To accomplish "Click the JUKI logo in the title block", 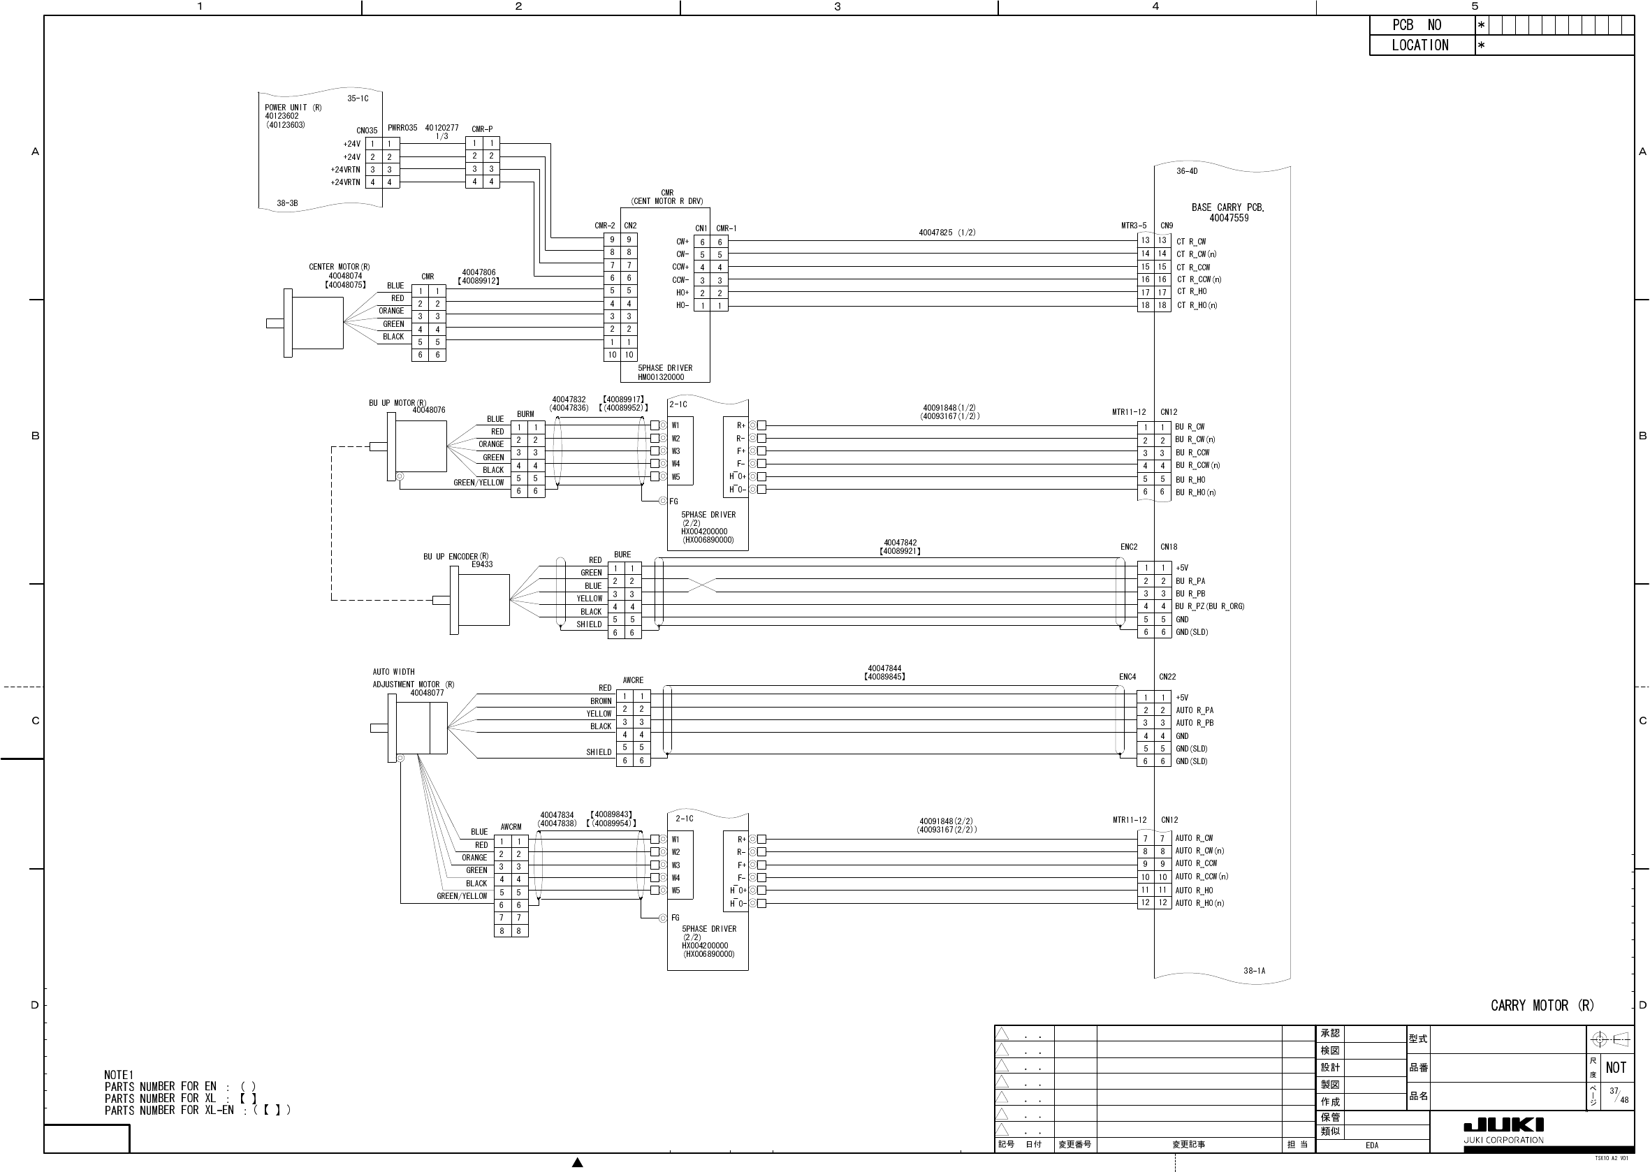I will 1503,1125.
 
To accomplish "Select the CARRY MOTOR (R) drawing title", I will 1542,1005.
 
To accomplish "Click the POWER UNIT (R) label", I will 293,108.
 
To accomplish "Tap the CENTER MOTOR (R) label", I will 340,267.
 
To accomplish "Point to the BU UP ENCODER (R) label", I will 455,557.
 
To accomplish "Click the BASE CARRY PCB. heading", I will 1228,207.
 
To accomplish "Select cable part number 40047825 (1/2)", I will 947,233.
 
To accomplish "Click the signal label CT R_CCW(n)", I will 1199,279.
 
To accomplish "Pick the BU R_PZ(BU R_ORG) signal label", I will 1210,606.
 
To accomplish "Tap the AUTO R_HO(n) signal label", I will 1199,903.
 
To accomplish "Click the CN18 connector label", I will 1169,547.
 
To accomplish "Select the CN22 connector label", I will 1167,677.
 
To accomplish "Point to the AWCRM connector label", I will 511,827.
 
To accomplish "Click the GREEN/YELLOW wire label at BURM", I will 479,483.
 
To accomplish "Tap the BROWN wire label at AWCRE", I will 601,701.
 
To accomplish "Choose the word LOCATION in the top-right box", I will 1419,45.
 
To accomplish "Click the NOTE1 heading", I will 119,1075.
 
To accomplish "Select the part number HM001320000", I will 660,376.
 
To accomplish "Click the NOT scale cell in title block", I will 1615,1067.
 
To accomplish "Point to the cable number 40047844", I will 884,669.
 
